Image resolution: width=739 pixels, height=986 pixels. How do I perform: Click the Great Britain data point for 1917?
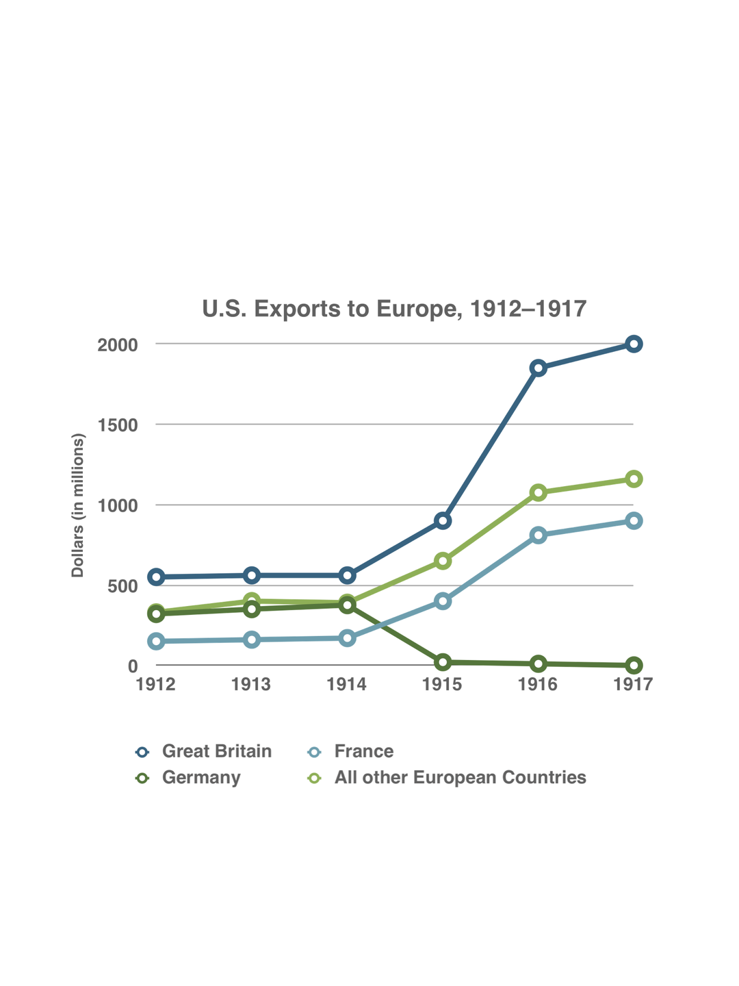coord(634,344)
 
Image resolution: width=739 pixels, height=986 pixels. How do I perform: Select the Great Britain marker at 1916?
coord(539,368)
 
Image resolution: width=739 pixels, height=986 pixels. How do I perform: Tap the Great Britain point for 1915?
coord(443,520)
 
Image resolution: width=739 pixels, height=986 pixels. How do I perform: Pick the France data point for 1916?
coord(539,535)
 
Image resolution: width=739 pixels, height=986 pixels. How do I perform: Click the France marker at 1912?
coord(156,642)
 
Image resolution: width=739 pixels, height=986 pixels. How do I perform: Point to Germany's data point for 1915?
coord(443,662)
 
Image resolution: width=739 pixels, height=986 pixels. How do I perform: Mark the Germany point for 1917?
coord(634,665)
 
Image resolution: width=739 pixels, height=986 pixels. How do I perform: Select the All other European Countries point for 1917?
coord(634,479)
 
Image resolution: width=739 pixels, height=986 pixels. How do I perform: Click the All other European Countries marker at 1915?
coord(443,561)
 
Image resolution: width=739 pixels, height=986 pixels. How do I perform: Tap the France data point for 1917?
coord(634,520)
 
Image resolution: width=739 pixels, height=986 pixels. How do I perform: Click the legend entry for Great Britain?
coord(216,751)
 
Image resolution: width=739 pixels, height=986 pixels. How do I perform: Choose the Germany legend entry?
coord(201,778)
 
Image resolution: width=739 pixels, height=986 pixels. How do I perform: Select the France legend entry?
coord(363,751)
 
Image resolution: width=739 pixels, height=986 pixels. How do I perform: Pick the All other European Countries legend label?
coord(460,778)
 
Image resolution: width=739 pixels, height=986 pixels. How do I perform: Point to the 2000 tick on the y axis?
coord(118,344)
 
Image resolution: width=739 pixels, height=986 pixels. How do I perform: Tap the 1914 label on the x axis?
coord(347,684)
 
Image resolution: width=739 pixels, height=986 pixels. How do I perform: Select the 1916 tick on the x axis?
coord(538,684)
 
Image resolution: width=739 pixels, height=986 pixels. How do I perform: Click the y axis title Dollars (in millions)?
coord(78,505)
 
